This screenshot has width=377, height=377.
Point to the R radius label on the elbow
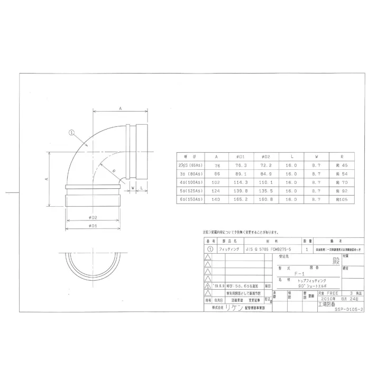[113, 170]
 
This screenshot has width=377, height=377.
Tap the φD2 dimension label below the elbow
[93, 217]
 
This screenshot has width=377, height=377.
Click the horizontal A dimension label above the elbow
[121, 108]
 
